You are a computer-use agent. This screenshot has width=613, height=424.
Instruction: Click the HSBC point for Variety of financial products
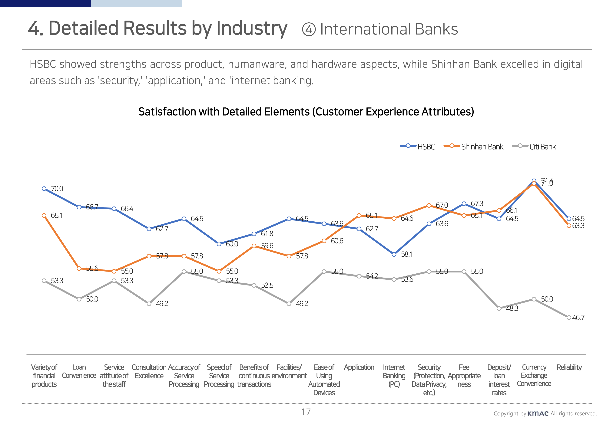(44, 189)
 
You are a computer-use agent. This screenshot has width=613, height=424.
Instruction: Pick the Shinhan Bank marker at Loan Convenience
(79, 268)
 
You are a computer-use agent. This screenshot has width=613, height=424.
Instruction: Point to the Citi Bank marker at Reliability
(569, 318)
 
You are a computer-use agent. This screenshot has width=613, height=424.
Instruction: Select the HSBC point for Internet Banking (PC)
(394, 254)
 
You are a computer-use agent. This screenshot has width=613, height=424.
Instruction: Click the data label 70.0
(57, 189)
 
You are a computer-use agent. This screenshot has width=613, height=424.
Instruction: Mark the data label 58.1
(407, 254)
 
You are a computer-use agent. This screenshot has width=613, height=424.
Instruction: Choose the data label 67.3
(477, 204)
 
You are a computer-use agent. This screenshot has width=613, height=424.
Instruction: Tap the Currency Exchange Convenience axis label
(534, 375)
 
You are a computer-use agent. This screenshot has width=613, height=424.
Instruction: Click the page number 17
(306, 412)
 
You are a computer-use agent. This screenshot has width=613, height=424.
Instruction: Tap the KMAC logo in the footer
(538, 413)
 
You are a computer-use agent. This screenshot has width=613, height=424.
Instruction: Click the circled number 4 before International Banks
(309, 29)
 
